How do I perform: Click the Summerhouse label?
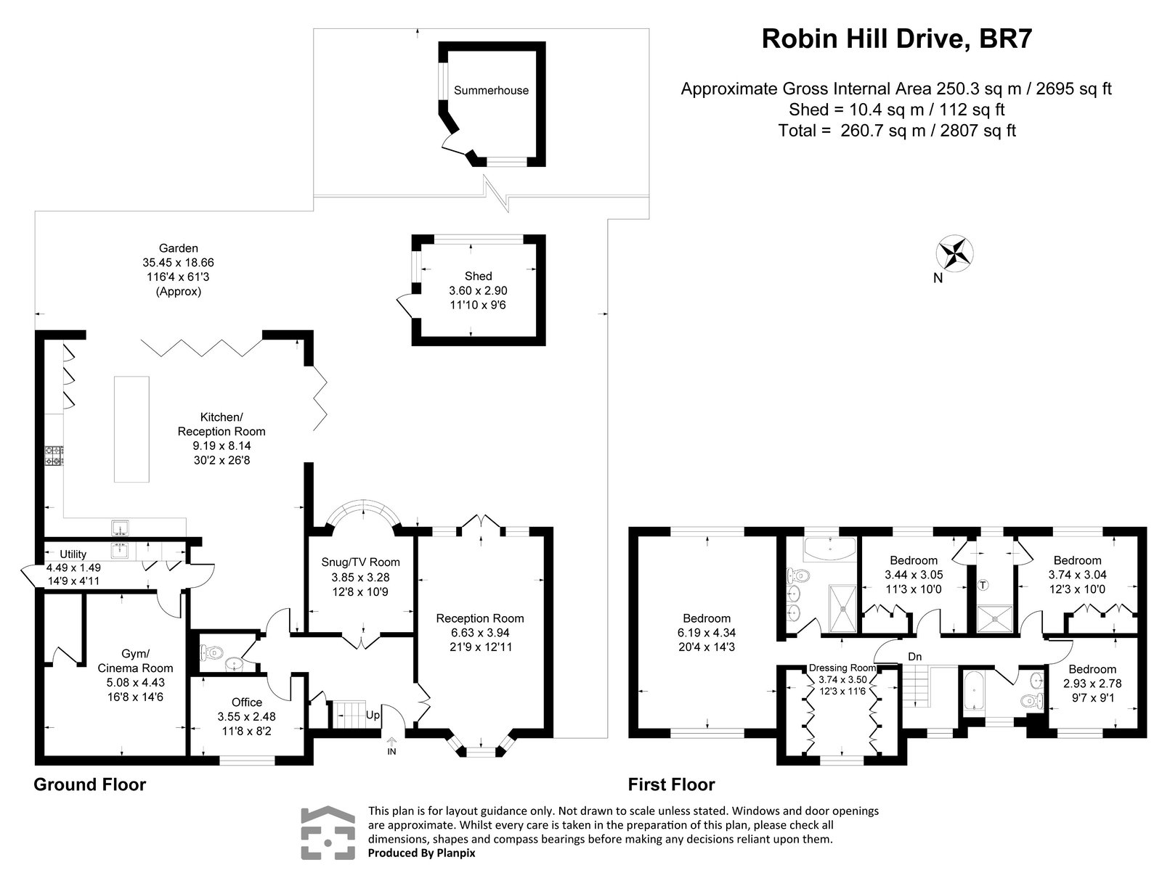click(x=491, y=91)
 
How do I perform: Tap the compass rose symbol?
click(x=955, y=254)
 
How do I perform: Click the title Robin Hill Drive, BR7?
click(x=896, y=39)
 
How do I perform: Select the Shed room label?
click(x=478, y=276)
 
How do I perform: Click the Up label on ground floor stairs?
click(x=373, y=715)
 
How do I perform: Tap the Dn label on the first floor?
click(x=914, y=656)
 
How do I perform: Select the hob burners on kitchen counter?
click(x=54, y=456)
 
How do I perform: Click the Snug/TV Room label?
click(x=360, y=562)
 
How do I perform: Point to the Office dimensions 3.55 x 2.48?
click(x=247, y=716)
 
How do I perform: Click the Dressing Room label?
click(x=842, y=668)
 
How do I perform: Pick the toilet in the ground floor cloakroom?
click(x=212, y=653)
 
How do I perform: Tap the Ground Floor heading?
click(x=90, y=784)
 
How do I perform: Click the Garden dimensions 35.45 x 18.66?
click(x=179, y=262)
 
